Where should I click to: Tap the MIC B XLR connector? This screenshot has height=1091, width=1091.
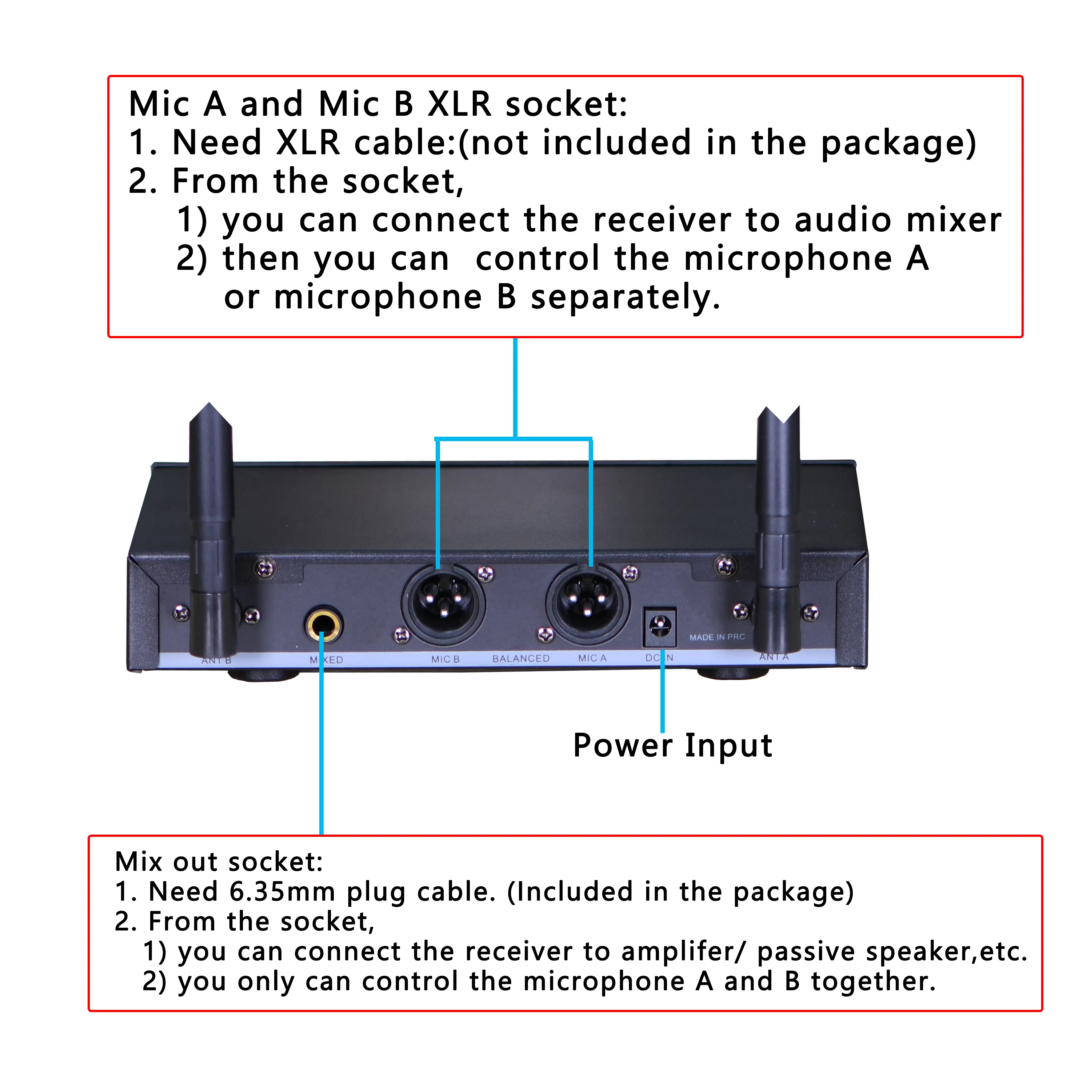[x=443, y=603]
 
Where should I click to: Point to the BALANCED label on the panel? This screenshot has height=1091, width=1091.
[x=521, y=659]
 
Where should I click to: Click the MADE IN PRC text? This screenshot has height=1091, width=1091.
[x=717, y=637]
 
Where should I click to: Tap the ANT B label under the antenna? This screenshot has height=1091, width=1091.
[x=216, y=660]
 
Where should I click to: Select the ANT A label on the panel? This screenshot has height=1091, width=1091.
[x=774, y=657]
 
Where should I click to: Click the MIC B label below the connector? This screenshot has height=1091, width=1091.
[x=445, y=659]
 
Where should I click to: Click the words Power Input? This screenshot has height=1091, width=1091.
[x=672, y=746]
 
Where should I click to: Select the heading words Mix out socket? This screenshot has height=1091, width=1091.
[x=219, y=862]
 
